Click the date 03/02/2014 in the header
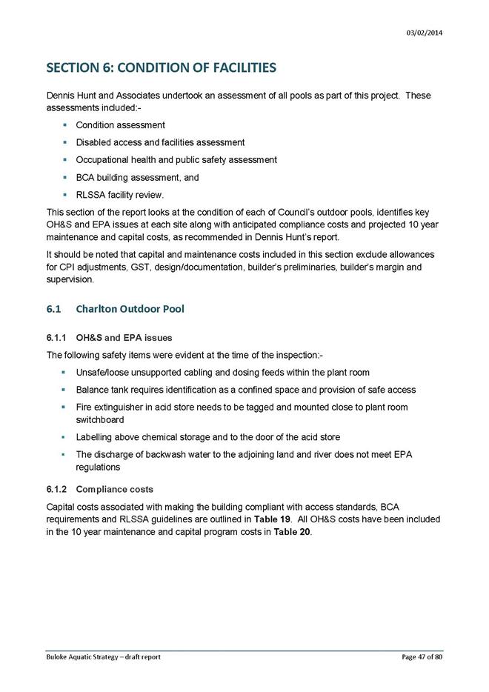click(425, 33)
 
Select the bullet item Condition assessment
click(120, 125)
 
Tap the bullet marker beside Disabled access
click(65, 142)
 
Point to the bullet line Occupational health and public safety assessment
click(176, 160)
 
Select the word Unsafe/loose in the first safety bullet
click(103, 372)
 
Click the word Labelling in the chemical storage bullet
click(95, 436)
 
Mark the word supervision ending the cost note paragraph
click(71, 281)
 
